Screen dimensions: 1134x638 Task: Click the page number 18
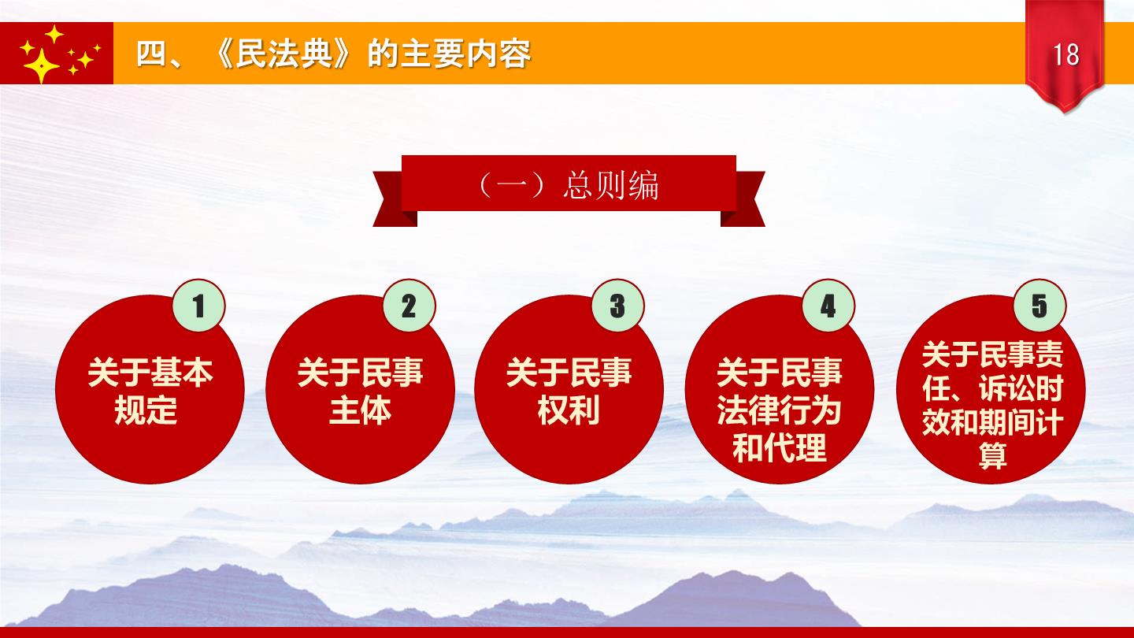pyautogui.click(x=1065, y=54)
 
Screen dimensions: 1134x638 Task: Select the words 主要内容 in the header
pyautogui.click(x=465, y=54)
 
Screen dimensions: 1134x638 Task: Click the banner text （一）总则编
pyautogui.click(x=568, y=185)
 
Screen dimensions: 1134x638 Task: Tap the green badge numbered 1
pyautogui.click(x=199, y=306)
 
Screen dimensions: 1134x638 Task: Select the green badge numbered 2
pyautogui.click(x=409, y=306)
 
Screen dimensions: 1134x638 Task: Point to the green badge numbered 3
pyautogui.click(x=617, y=306)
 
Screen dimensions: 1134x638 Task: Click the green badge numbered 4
pyautogui.click(x=828, y=306)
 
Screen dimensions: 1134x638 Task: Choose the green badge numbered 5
pyautogui.click(x=1039, y=306)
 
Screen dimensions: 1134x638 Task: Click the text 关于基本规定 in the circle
pyautogui.click(x=150, y=391)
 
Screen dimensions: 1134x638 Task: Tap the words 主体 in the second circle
pyautogui.click(x=360, y=410)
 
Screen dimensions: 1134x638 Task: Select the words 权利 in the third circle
pyautogui.click(x=569, y=410)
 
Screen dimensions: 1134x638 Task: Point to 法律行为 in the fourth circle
pyautogui.click(x=779, y=410)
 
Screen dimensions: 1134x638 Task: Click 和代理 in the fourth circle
pyautogui.click(x=779, y=447)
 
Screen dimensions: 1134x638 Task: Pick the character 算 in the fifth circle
pyautogui.click(x=992, y=455)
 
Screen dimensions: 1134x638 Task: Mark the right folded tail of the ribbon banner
pyautogui.click(x=744, y=198)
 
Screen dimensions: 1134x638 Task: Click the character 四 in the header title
pyautogui.click(x=151, y=54)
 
